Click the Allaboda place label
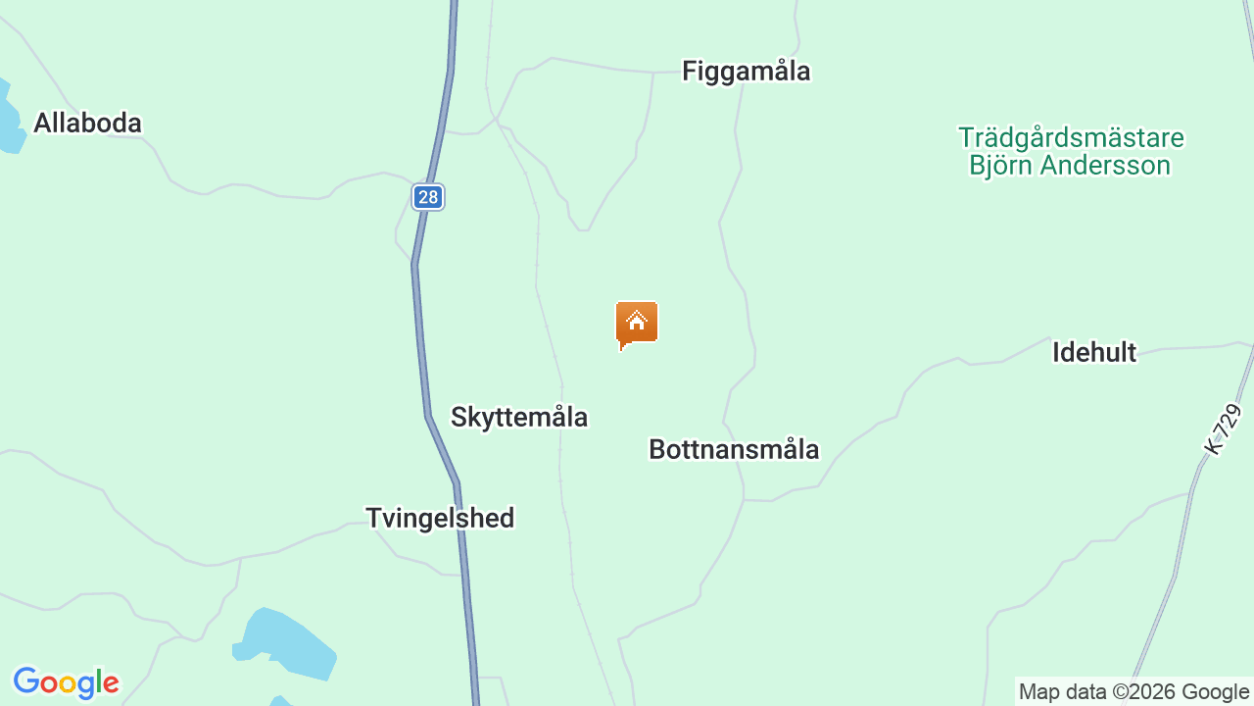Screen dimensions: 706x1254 click(87, 124)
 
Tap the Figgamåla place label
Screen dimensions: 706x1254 click(747, 72)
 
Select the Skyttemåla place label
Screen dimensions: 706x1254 click(519, 418)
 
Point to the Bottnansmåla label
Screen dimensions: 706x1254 click(734, 449)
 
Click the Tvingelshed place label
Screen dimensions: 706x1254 click(440, 518)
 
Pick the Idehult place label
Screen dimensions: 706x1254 click(1094, 353)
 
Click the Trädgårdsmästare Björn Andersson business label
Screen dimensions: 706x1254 click(1071, 151)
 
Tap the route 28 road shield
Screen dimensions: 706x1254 click(427, 197)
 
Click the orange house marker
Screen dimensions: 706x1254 click(637, 324)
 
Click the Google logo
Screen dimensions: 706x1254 click(66, 682)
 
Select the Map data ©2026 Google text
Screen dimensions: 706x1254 click(1133, 692)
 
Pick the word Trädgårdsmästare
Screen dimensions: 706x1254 click(1071, 137)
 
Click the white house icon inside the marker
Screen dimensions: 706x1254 click(637, 321)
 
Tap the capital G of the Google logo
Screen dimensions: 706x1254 click(26, 681)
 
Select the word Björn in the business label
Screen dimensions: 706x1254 click(1001, 166)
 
